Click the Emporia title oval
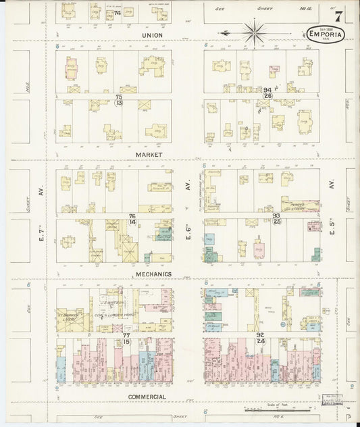click(326, 34)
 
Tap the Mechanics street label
click(152, 274)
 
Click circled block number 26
click(267, 95)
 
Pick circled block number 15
click(126, 341)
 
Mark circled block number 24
click(260, 341)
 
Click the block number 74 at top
click(118, 13)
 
